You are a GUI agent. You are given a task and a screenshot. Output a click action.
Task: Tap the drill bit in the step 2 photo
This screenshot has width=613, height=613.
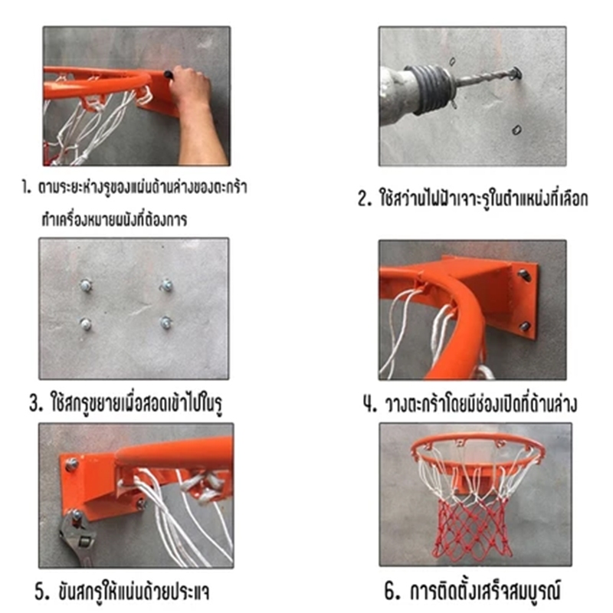coord(484,78)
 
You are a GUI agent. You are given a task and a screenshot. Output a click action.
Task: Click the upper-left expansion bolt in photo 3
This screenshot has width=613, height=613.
coord(86,285)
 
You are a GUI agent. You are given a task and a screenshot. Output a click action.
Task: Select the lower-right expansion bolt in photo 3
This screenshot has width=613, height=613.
coord(166,323)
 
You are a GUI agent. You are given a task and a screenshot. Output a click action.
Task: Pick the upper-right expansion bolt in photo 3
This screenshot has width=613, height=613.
coord(167,285)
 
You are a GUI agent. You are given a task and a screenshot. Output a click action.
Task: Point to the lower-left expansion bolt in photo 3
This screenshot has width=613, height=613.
coord(86,324)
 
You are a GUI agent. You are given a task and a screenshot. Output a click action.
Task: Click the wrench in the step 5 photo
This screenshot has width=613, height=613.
coord(78,539)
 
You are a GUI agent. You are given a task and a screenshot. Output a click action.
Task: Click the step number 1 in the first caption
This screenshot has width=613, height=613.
coord(26,188)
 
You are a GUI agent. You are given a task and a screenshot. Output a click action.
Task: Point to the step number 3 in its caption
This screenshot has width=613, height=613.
coord(36,403)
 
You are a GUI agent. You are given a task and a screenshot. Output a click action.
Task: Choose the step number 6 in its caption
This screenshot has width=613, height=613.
coord(392,591)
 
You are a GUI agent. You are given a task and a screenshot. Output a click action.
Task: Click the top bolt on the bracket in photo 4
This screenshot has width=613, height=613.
coord(524,275)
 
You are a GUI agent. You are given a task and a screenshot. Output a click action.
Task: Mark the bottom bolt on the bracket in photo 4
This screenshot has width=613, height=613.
coord(525,326)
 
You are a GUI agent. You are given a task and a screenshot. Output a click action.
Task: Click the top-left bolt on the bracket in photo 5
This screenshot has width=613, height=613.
coord(72,464)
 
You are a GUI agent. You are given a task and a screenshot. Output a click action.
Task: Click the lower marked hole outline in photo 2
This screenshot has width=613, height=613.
coord(516,129)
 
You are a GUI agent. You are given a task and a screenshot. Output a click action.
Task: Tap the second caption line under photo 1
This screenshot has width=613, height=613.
coord(114,219)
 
